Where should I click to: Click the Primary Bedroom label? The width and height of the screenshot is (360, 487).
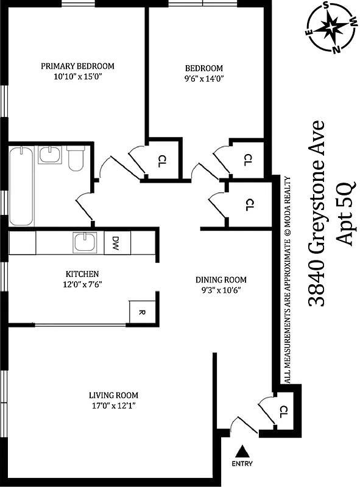point(77,66)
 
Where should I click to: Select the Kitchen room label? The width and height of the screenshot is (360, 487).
point(82,274)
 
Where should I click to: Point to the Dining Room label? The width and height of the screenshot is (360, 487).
point(221,279)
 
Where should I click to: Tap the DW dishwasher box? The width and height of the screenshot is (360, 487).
point(115,243)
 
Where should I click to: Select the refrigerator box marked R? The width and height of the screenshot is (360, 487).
point(141,312)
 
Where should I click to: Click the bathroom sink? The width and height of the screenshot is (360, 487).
point(49,155)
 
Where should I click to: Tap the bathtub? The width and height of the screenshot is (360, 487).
point(21,186)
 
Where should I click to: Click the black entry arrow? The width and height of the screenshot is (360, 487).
point(242,451)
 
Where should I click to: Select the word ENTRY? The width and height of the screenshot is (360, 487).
point(242,464)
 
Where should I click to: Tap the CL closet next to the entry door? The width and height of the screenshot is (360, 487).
point(283,412)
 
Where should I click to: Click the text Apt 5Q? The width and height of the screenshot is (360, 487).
point(345,213)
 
